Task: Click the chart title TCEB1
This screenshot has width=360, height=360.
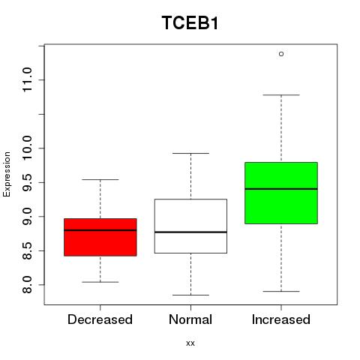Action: point(190,23)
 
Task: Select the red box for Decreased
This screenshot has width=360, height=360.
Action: point(100,237)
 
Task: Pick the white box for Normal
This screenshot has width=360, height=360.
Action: point(190,226)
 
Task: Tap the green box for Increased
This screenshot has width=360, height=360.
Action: point(281,193)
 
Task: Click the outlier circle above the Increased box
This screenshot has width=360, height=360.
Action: point(281,54)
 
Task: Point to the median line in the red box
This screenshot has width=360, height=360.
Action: point(100,230)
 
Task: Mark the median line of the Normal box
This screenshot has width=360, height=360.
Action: point(190,232)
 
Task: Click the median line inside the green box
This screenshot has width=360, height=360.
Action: point(281,189)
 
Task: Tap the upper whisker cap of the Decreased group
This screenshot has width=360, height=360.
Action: point(100,179)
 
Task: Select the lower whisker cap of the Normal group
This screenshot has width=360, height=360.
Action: point(190,295)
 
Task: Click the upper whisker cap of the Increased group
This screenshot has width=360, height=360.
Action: point(281,95)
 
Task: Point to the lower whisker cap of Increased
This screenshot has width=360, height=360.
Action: point(281,291)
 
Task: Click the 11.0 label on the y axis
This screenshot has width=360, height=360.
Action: point(27,79)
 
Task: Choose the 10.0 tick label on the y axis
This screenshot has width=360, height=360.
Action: point(27,148)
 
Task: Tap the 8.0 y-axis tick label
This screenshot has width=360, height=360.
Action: point(27,284)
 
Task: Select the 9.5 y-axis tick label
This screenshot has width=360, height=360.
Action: point(27,182)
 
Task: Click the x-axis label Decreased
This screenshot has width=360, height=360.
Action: point(100,319)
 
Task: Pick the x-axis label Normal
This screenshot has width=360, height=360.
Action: point(190,319)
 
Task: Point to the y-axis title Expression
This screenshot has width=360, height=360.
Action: point(7,174)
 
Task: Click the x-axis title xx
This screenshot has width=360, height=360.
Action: point(190,343)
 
